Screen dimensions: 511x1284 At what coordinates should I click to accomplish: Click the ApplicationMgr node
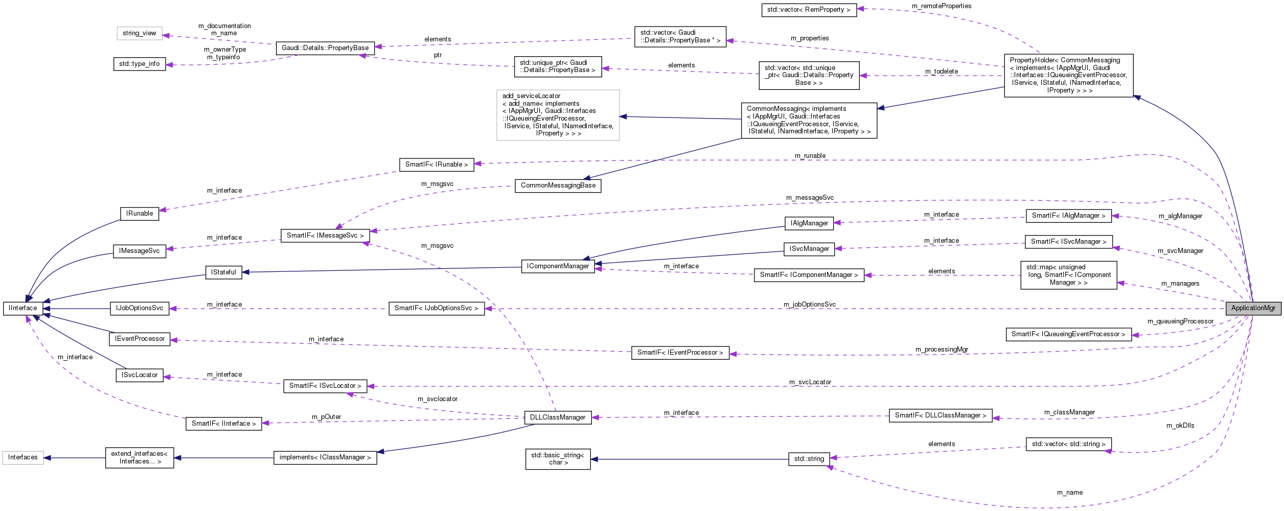tap(1253, 308)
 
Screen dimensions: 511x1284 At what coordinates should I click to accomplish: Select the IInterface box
tap(22, 308)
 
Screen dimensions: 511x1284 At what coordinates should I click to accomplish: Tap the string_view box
tap(140, 33)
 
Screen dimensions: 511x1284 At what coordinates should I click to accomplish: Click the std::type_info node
tap(140, 64)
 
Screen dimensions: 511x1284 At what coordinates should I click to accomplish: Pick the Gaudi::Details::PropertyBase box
tap(325, 48)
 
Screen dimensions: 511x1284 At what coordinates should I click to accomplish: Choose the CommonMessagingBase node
tap(558, 185)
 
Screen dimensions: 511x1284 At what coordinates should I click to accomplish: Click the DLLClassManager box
tap(558, 417)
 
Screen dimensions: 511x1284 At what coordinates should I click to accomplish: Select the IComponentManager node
tap(558, 266)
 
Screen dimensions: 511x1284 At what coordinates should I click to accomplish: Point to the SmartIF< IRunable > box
tap(437, 165)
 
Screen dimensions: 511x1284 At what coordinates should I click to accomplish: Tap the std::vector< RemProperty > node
tap(809, 10)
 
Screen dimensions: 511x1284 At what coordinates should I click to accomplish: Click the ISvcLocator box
tap(140, 375)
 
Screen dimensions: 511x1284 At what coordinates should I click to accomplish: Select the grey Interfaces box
tap(23, 457)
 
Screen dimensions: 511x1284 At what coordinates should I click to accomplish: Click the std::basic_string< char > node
tap(558, 459)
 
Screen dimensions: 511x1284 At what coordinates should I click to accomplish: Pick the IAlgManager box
tap(809, 223)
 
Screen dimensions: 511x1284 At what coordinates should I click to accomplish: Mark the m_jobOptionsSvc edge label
tap(810, 304)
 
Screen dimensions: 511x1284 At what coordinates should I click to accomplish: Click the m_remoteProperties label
tap(942, 6)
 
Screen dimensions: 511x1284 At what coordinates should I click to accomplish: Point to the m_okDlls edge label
tap(1180, 426)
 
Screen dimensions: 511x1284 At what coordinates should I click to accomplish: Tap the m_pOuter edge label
tap(327, 417)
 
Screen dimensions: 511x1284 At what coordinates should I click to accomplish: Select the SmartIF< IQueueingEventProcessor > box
tap(1068, 334)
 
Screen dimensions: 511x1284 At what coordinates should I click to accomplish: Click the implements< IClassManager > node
tap(325, 457)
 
